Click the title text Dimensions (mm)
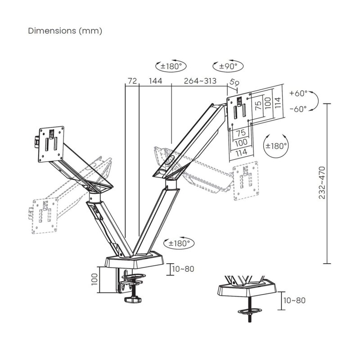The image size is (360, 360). (65, 31)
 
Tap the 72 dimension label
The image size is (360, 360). (132, 81)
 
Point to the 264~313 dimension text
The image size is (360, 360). (200, 81)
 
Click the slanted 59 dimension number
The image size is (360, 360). (234, 83)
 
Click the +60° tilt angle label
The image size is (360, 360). (298, 93)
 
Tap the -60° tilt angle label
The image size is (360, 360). (298, 108)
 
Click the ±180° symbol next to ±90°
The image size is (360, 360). (171, 66)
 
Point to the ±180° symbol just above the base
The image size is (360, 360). (179, 243)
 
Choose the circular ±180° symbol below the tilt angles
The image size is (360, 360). (275, 145)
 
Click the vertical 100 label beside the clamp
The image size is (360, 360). (94, 280)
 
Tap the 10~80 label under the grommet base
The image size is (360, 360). (295, 300)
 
